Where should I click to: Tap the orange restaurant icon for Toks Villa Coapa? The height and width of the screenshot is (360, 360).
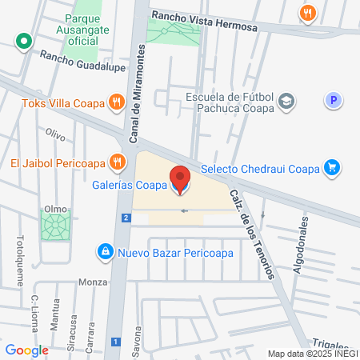[x=117, y=102]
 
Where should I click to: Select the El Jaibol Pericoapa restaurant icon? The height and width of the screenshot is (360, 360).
[x=118, y=162]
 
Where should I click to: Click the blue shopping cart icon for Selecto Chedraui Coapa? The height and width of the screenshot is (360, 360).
[x=332, y=168]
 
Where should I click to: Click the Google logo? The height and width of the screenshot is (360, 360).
[x=27, y=350]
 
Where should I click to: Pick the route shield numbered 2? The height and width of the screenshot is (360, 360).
[x=126, y=218]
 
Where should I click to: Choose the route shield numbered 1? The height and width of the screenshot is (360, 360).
[x=116, y=342]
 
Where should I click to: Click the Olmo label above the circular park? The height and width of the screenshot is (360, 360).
[x=55, y=209]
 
